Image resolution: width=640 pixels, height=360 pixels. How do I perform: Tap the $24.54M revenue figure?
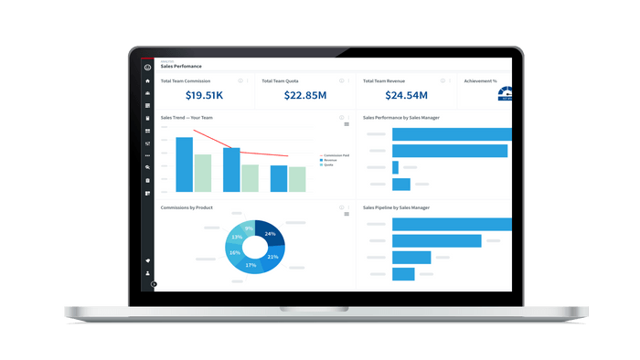(406, 95)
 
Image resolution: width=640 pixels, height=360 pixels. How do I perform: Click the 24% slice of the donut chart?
(271, 234)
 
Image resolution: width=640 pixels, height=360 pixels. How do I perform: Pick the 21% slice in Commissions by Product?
(272, 257)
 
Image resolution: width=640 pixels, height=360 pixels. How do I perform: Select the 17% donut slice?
(251, 265)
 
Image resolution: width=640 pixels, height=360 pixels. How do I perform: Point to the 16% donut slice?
(235, 253)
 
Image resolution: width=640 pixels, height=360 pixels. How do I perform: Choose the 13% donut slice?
(237, 237)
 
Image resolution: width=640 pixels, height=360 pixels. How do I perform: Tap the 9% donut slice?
(249, 228)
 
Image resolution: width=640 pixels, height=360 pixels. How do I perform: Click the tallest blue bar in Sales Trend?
(184, 164)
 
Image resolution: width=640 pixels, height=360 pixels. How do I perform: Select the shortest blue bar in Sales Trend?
(279, 178)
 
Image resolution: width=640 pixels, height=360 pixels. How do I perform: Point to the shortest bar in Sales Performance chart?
(395, 167)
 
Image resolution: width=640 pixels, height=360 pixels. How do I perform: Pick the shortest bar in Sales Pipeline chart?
(403, 274)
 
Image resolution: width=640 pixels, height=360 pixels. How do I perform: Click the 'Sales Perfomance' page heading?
(181, 67)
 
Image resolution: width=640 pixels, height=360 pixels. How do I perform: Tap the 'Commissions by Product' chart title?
(187, 207)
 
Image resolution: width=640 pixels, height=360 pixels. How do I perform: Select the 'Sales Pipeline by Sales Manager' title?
(396, 207)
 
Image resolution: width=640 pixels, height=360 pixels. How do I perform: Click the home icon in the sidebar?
(147, 80)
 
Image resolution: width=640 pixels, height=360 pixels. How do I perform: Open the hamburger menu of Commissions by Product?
(347, 214)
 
